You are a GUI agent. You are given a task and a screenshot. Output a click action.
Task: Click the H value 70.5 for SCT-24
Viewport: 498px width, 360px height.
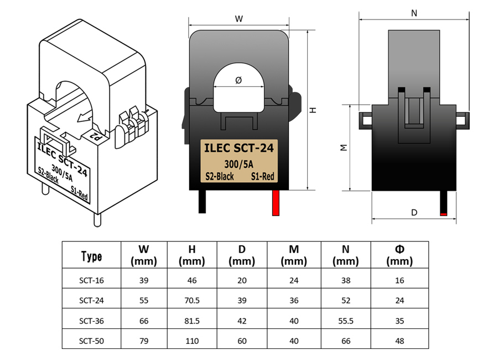[192, 300]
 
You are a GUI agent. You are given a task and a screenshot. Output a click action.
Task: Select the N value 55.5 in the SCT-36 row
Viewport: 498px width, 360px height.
[345, 321]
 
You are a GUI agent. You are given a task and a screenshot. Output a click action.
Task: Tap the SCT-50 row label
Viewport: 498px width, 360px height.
[91, 341]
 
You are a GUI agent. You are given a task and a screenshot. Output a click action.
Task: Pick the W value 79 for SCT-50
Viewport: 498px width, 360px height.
[144, 341]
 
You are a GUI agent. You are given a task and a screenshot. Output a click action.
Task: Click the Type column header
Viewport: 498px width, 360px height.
[91, 256]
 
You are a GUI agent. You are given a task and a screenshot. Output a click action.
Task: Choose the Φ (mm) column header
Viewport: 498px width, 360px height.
[400, 255]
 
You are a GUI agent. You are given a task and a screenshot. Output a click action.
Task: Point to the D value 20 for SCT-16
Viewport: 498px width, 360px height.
[242, 280]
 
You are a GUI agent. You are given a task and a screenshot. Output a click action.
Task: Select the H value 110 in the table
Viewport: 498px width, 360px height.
[192, 341]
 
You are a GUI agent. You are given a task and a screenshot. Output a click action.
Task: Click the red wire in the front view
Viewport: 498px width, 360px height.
[276, 203]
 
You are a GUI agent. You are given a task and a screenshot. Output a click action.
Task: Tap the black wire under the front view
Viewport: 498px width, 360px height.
[202, 202]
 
